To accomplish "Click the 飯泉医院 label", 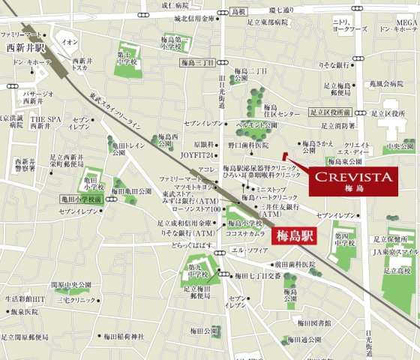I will click(24, 311).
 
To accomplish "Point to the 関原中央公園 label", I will click(71, 285).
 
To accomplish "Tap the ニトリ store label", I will click(341, 22).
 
